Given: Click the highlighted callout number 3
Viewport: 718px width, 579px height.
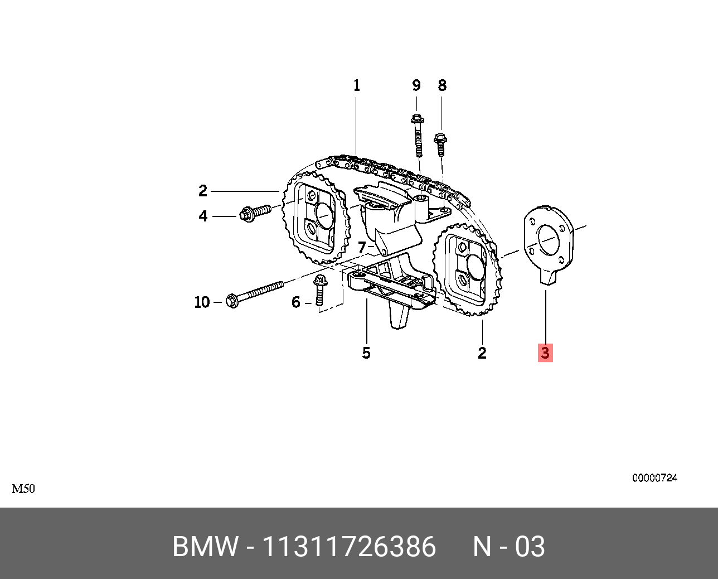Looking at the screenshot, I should pyautogui.click(x=545, y=353).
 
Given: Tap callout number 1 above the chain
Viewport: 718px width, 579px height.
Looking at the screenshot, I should pyautogui.click(x=357, y=86).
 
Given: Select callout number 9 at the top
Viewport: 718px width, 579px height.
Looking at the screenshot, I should pyautogui.click(x=416, y=86).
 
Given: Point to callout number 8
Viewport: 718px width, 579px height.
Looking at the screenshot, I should pyautogui.click(x=442, y=86).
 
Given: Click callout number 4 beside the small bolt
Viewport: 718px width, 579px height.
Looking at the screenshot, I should pyautogui.click(x=203, y=216).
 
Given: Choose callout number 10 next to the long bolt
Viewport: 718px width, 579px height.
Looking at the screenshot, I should pyautogui.click(x=202, y=302).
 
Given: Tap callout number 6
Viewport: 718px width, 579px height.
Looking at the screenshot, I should pyautogui.click(x=296, y=302).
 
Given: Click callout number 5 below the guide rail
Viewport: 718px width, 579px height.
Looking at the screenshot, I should pyautogui.click(x=366, y=353).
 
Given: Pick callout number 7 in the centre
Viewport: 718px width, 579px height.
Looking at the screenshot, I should pyautogui.click(x=362, y=247).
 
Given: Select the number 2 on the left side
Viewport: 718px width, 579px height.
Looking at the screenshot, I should pyautogui.click(x=203, y=191).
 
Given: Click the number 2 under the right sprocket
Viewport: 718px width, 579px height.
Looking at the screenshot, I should pyautogui.click(x=482, y=353).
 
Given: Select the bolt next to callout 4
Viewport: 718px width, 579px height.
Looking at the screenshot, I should pyautogui.click(x=254, y=213).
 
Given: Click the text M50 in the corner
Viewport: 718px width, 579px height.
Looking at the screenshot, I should pyautogui.click(x=23, y=489).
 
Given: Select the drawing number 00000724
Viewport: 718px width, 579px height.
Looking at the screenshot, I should pyautogui.click(x=654, y=478).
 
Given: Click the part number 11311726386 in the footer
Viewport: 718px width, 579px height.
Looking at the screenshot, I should pyautogui.click(x=349, y=547).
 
